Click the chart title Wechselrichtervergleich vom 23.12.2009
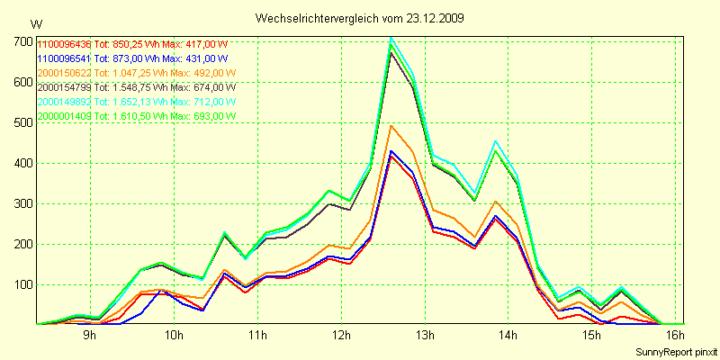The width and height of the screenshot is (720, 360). pos(359,18)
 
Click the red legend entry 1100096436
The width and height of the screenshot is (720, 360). pos(64,44)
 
